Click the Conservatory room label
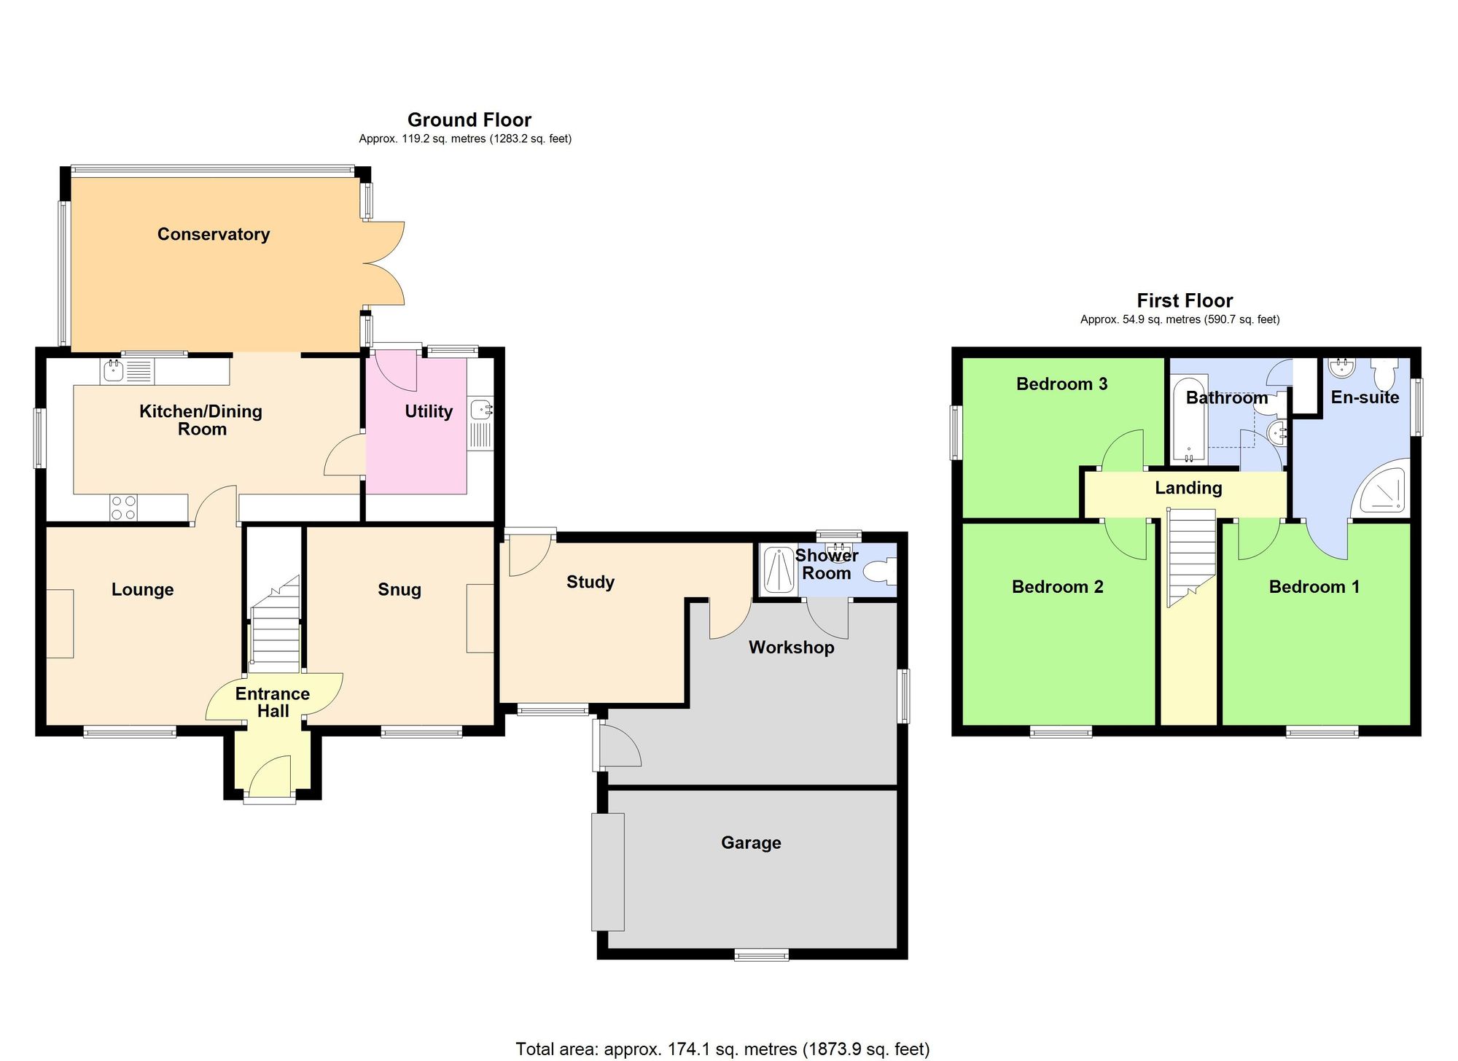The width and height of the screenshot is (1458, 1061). [x=214, y=234]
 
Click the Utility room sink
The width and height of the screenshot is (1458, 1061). [x=480, y=410]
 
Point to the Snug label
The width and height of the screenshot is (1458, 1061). [x=399, y=589]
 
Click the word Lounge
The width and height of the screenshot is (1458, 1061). [x=143, y=589]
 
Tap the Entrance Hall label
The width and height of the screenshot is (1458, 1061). [x=273, y=702]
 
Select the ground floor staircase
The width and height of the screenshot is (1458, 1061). [x=275, y=627]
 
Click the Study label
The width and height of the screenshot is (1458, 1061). [x=590, y=582]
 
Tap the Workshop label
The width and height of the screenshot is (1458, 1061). [x=792, y=648]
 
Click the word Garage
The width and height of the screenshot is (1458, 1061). [x=751, y=843]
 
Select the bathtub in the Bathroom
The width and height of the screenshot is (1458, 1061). [x=1189, y=419]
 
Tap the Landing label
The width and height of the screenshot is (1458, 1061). [x=1188, y=488]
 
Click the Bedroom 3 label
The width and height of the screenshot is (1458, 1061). [x=1061, y=384]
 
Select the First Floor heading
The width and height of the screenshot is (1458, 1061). [x=1185, y=300]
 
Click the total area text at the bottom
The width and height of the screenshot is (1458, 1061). [x=722, y=1049]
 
